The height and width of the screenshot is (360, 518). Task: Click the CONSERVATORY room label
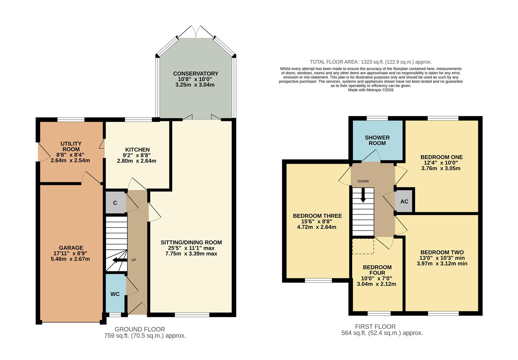pos(196,74)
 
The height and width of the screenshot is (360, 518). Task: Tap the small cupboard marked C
pos(115,203)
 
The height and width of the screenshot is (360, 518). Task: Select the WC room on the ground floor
pos(115,294)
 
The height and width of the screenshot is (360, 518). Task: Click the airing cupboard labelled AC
pos(404,201)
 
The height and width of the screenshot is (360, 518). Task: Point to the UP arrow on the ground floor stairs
pos(120,260)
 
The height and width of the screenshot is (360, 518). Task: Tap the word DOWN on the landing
pos(363,181)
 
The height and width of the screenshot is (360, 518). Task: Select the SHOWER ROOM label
pos(377,140)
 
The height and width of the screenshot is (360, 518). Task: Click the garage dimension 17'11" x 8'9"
pos(71,253)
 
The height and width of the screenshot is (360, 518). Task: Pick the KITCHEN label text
pos(137,150)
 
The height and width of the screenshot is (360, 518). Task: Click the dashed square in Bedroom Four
pos(363,246)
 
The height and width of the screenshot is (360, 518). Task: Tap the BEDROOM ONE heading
pos(441,157)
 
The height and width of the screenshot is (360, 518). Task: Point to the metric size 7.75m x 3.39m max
pos(191,254)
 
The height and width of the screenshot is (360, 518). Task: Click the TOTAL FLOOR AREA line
pos(370,62)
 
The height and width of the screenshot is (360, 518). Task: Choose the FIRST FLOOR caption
pos(375,327)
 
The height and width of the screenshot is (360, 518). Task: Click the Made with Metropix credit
pos(370,90)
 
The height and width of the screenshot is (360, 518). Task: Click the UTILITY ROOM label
pos(71,146)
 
